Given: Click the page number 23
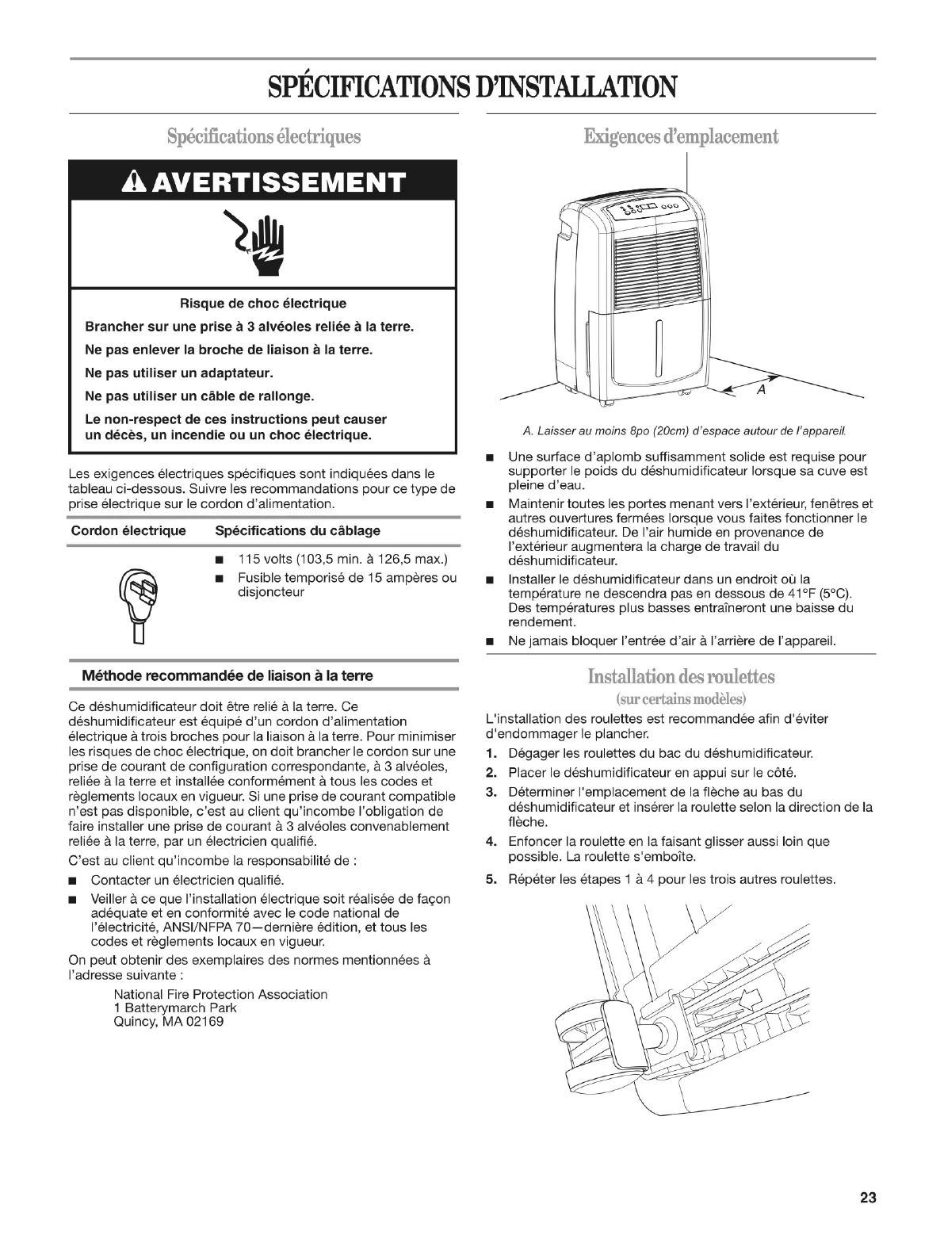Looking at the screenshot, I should [867, 1198].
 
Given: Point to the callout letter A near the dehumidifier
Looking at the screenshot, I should [760, 390].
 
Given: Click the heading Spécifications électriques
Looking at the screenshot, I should [263, 136].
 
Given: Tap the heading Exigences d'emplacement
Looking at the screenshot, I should [681, 136].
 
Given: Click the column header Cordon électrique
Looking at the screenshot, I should [128, 530].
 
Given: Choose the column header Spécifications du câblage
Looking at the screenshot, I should [298, 530].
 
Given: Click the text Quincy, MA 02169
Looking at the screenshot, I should [169, 1022].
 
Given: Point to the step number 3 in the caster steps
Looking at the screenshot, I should [491, 792].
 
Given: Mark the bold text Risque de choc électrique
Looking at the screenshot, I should [263, 303].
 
